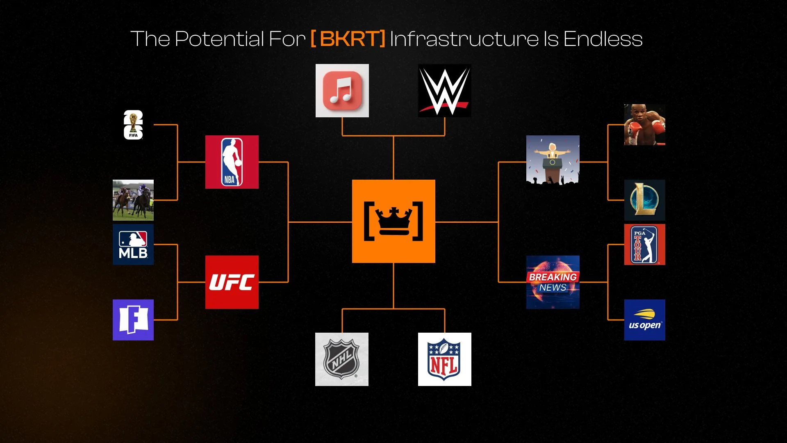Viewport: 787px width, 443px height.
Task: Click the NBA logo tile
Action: (x=232, y=162)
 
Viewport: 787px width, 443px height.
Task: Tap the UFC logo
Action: (x=232, y=282)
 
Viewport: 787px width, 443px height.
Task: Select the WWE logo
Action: (x=445, y=91)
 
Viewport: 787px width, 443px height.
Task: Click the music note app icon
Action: (x=342, y=91)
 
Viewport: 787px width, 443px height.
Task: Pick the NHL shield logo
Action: (x=342, y=359)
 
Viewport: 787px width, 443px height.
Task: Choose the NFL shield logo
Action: (x=445, y=359)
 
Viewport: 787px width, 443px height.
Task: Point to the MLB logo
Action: (x=133, y=244)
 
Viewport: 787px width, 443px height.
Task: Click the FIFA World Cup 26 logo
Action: (x=133, y=125)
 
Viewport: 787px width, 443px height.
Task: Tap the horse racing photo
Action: (x=133, y=200)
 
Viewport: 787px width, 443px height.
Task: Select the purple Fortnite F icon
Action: (x=133, y=320)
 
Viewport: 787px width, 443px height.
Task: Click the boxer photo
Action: (x=645, y=125)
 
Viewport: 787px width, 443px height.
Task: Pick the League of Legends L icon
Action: (x=645, y=200)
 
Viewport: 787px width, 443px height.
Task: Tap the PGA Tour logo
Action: (x=645, y=244)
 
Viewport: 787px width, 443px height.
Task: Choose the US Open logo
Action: (x=645, y=320)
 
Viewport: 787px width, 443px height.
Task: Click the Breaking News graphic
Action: (x=553, y=282)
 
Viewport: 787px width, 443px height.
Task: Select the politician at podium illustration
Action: (x=553, y=160)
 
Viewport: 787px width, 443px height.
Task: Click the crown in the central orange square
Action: (x=393, y=221)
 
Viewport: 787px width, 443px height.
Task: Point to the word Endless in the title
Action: (x=603, y=39)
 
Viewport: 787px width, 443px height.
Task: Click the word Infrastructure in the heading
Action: (x=464, y=39)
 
